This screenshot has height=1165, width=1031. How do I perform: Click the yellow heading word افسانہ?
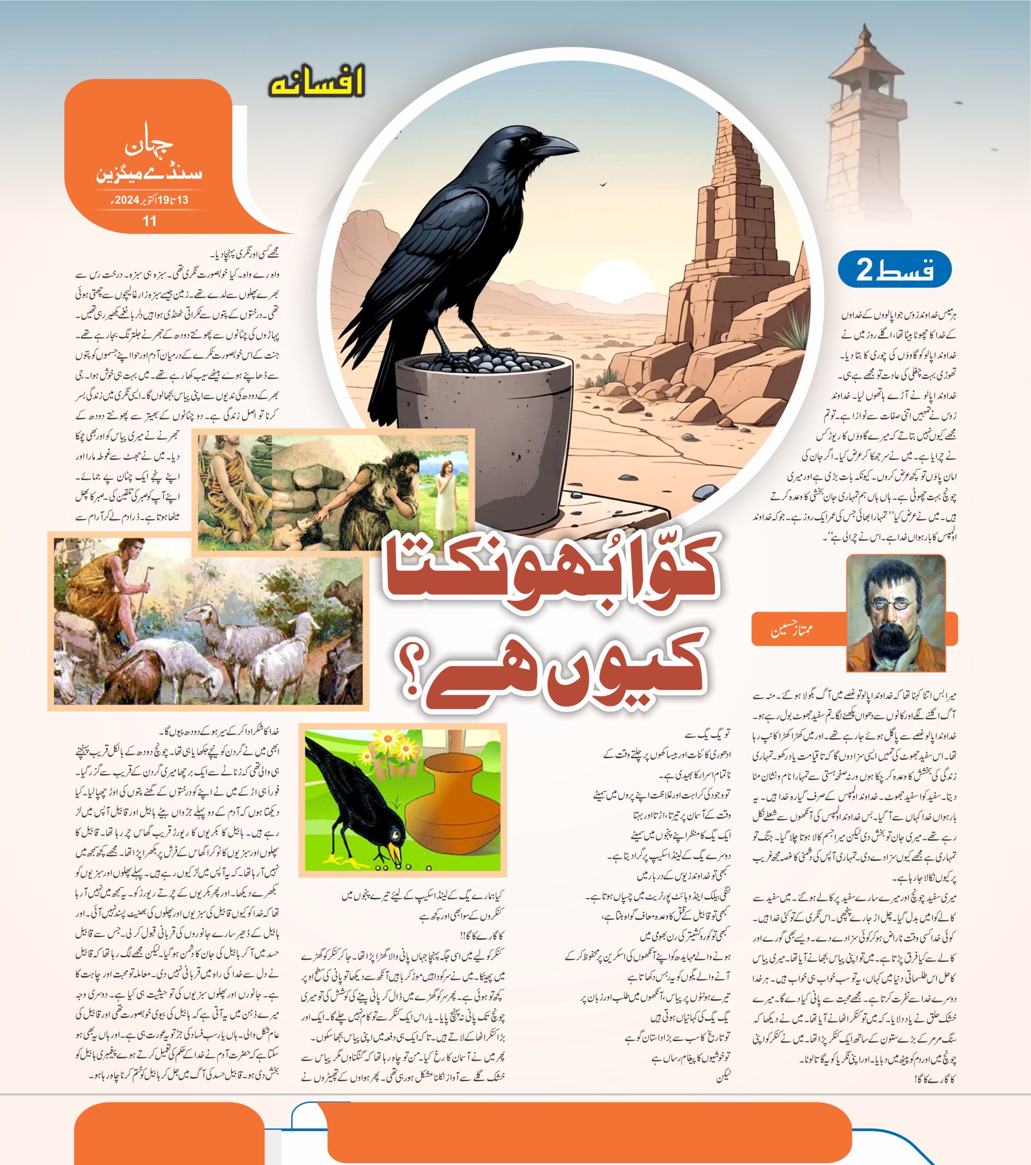coord(316,83)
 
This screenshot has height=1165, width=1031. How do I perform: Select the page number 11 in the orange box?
coord(149,221)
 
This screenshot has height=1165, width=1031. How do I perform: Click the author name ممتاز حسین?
coord(792,630)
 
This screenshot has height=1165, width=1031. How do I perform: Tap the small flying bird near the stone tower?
coord(602,184)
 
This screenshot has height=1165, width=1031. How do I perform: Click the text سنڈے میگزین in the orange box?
coord(149,172)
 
